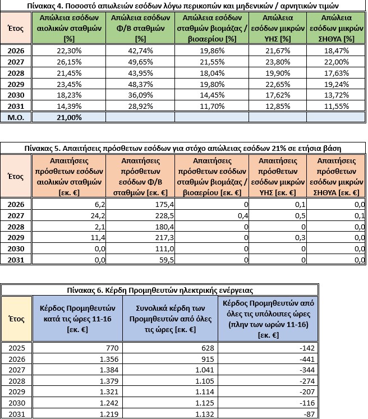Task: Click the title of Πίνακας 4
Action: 183,5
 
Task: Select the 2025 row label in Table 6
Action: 16,348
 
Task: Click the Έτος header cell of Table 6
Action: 16,318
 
